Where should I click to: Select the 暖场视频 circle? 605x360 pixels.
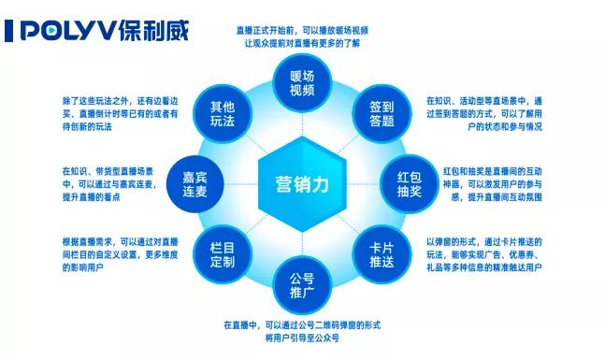tap(302, 84)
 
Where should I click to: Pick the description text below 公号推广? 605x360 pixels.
tap(301, 330)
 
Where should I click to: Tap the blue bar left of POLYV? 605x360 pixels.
tap(8, 32)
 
